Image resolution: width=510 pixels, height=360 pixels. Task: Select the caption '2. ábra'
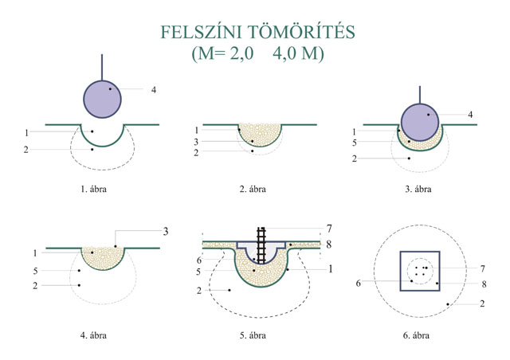click(x=253, y=190)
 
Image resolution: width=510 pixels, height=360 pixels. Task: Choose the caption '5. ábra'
click(x=253, y=335)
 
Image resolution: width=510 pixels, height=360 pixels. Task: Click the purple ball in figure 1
click(x=104, y=98)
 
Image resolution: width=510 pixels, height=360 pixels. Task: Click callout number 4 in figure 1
click(x=154, y=89)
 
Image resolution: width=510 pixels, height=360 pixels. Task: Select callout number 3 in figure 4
click(x=165, y=231)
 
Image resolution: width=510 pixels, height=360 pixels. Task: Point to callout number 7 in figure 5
click(x=328, y=228)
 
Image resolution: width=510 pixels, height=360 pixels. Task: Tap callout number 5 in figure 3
click(x=355, y=143)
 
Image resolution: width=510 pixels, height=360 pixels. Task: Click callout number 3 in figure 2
click(x=196, y=141)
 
